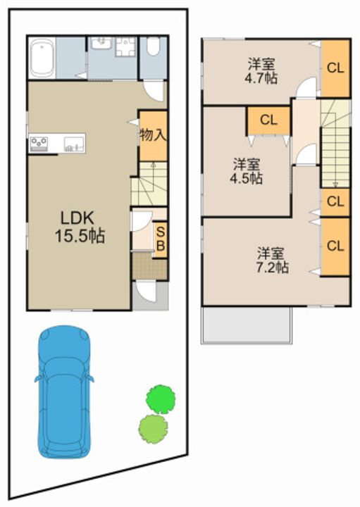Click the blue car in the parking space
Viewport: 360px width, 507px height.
point(64,392)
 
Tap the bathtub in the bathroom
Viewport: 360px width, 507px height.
point(42,58)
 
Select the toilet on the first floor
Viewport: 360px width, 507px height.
point(153,46)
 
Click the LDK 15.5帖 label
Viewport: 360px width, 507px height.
point(79,227)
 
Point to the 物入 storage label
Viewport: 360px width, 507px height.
point(153,134)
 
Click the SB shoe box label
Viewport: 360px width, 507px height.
point(161,239)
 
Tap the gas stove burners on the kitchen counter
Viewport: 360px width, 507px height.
point(39,142)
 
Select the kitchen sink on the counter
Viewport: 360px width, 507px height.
point(74,143)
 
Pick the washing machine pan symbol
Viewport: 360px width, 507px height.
point(125,47)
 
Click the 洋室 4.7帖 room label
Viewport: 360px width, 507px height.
point(261,71)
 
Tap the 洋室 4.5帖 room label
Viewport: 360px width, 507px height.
point(246,171)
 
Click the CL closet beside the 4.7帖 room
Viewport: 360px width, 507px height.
point(335,68)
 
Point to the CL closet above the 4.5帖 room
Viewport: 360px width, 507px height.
point(268,120)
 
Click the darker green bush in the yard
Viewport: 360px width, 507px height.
point(161,399)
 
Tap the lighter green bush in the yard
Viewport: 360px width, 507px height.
point(153,428)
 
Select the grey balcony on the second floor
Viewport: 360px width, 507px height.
point(246,325)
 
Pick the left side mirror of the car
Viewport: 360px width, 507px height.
point(38,378)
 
